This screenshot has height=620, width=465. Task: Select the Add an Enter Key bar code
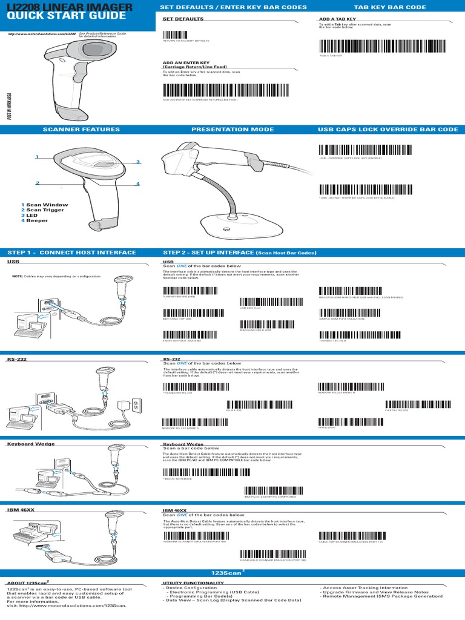229,91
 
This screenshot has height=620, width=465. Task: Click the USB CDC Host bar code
265,302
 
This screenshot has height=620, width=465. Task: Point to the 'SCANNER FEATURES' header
81,130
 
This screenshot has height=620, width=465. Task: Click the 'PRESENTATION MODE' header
232,130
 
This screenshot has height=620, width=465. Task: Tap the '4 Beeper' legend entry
36,220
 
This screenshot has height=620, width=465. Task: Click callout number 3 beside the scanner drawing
138,162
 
